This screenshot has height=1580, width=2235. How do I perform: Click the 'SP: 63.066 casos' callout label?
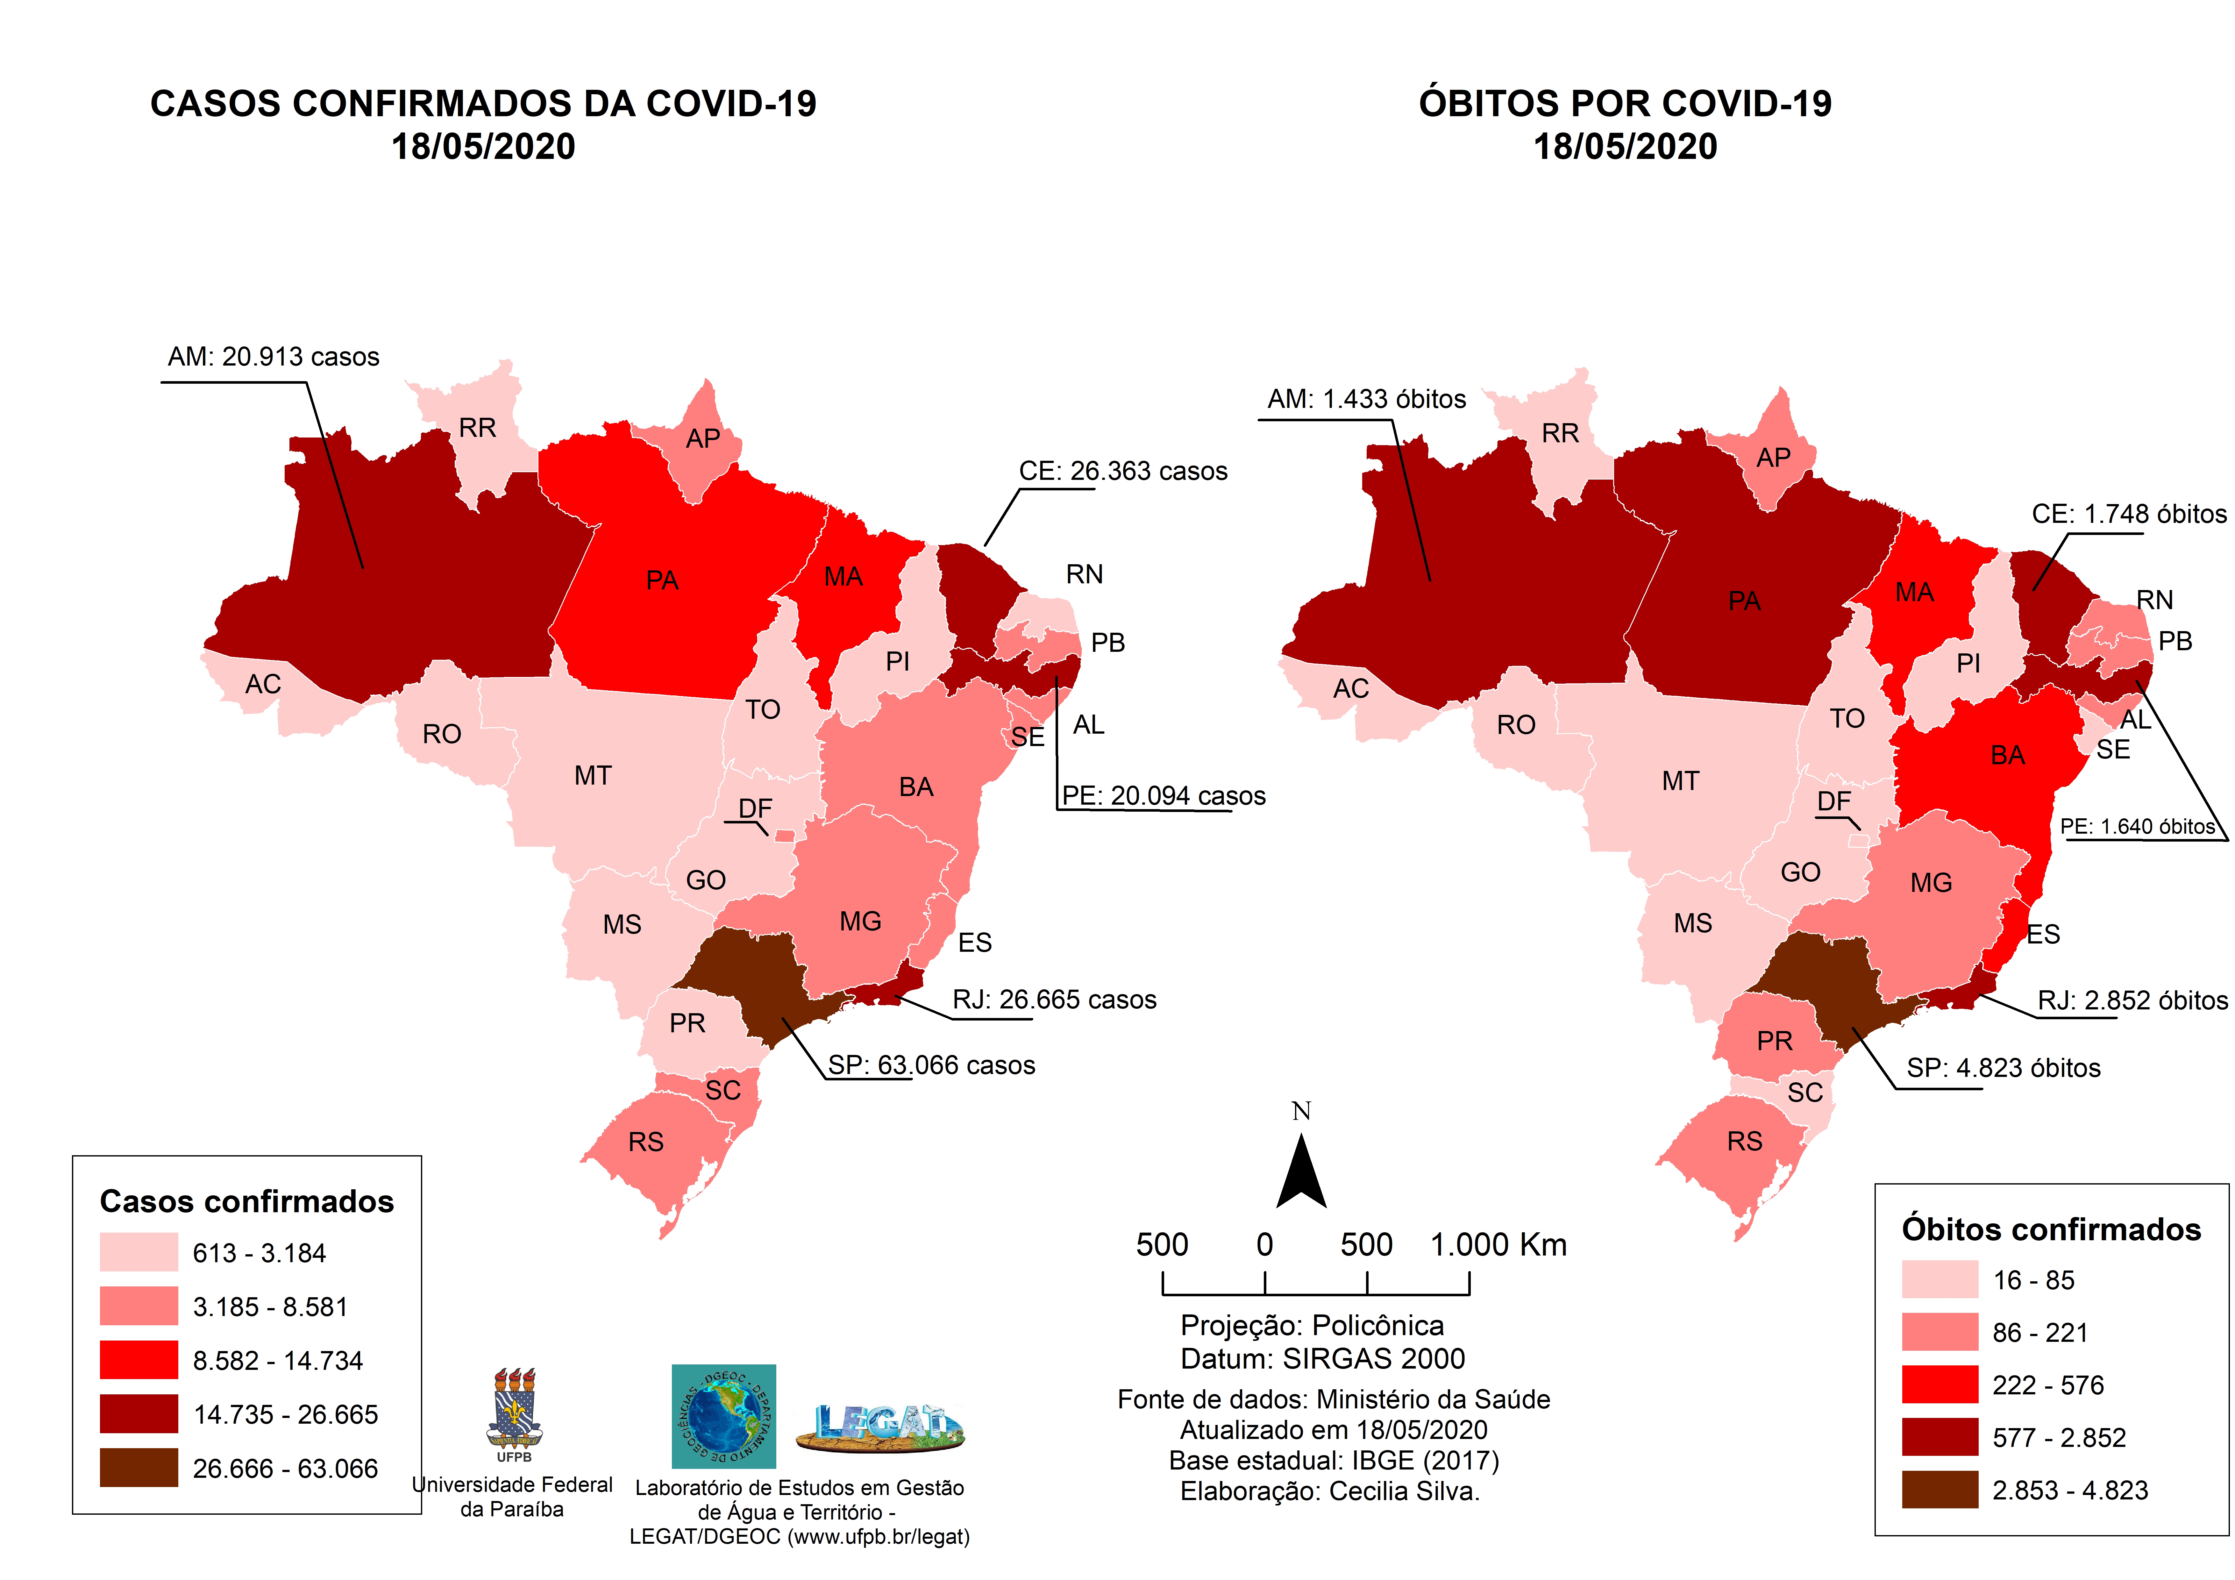[x=932, y=1065]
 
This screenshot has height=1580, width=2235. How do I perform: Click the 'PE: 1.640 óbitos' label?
[x=2137, y=827]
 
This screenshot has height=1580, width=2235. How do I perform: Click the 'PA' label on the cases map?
[x=662, y=581]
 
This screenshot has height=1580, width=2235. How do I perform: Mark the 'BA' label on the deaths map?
[x=2007, y=755]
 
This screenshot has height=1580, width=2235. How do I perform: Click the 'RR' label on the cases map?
[x=477, y=428]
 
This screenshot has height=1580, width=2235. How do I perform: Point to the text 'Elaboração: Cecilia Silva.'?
[x=1330, y=1491]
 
